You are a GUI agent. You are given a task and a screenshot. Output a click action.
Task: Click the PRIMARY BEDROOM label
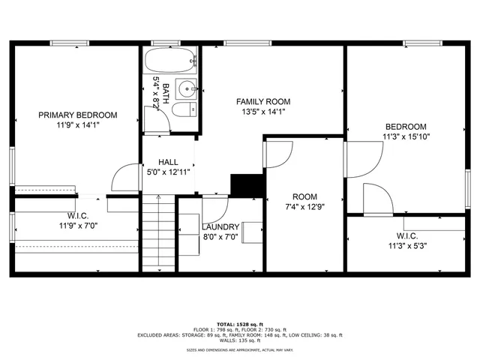coord(78,115)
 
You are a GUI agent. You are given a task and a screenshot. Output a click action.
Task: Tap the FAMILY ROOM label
coord(263,101)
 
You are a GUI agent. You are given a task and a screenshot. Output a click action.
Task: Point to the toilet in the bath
coord(182,110)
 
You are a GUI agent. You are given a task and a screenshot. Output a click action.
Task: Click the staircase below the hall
coord(158,232)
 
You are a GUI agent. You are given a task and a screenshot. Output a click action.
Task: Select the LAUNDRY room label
coord(220,226)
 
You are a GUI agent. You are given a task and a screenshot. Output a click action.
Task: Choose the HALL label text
coord(168,161)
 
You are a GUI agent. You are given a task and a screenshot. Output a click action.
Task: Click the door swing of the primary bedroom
coord(123,178)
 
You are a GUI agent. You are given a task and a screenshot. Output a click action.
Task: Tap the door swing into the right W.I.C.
coord(376,199)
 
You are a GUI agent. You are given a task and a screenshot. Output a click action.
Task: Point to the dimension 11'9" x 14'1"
coord(78,125)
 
